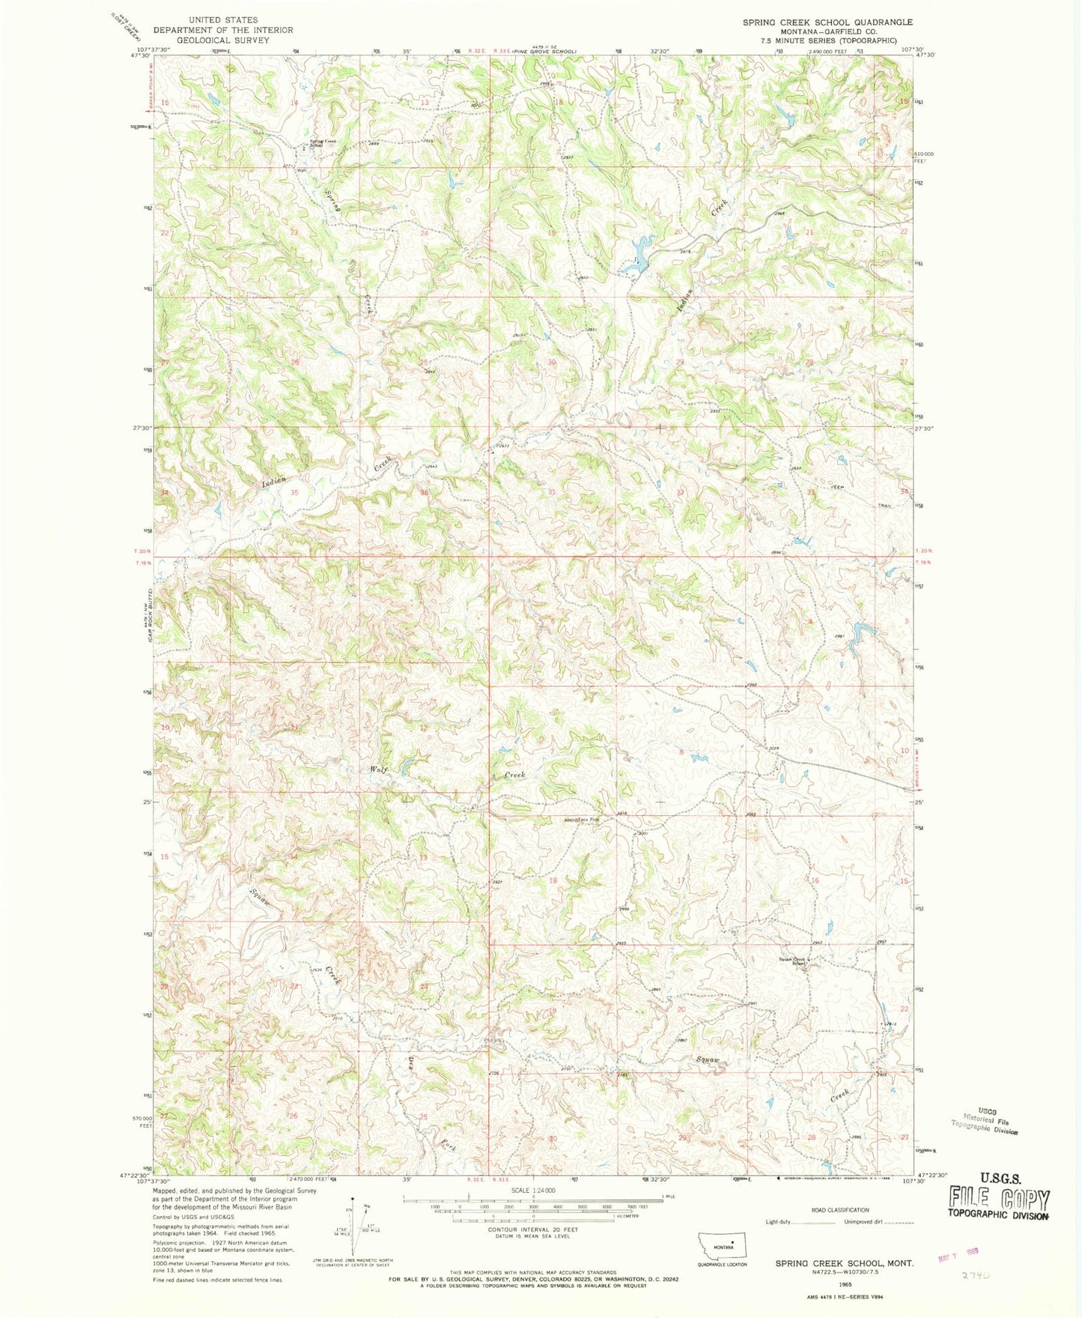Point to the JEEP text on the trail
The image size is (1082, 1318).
[x=837, y=488]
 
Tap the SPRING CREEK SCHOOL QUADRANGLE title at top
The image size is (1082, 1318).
[x=827, y=22]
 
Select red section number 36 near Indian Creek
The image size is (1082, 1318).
[x=424, y=492]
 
